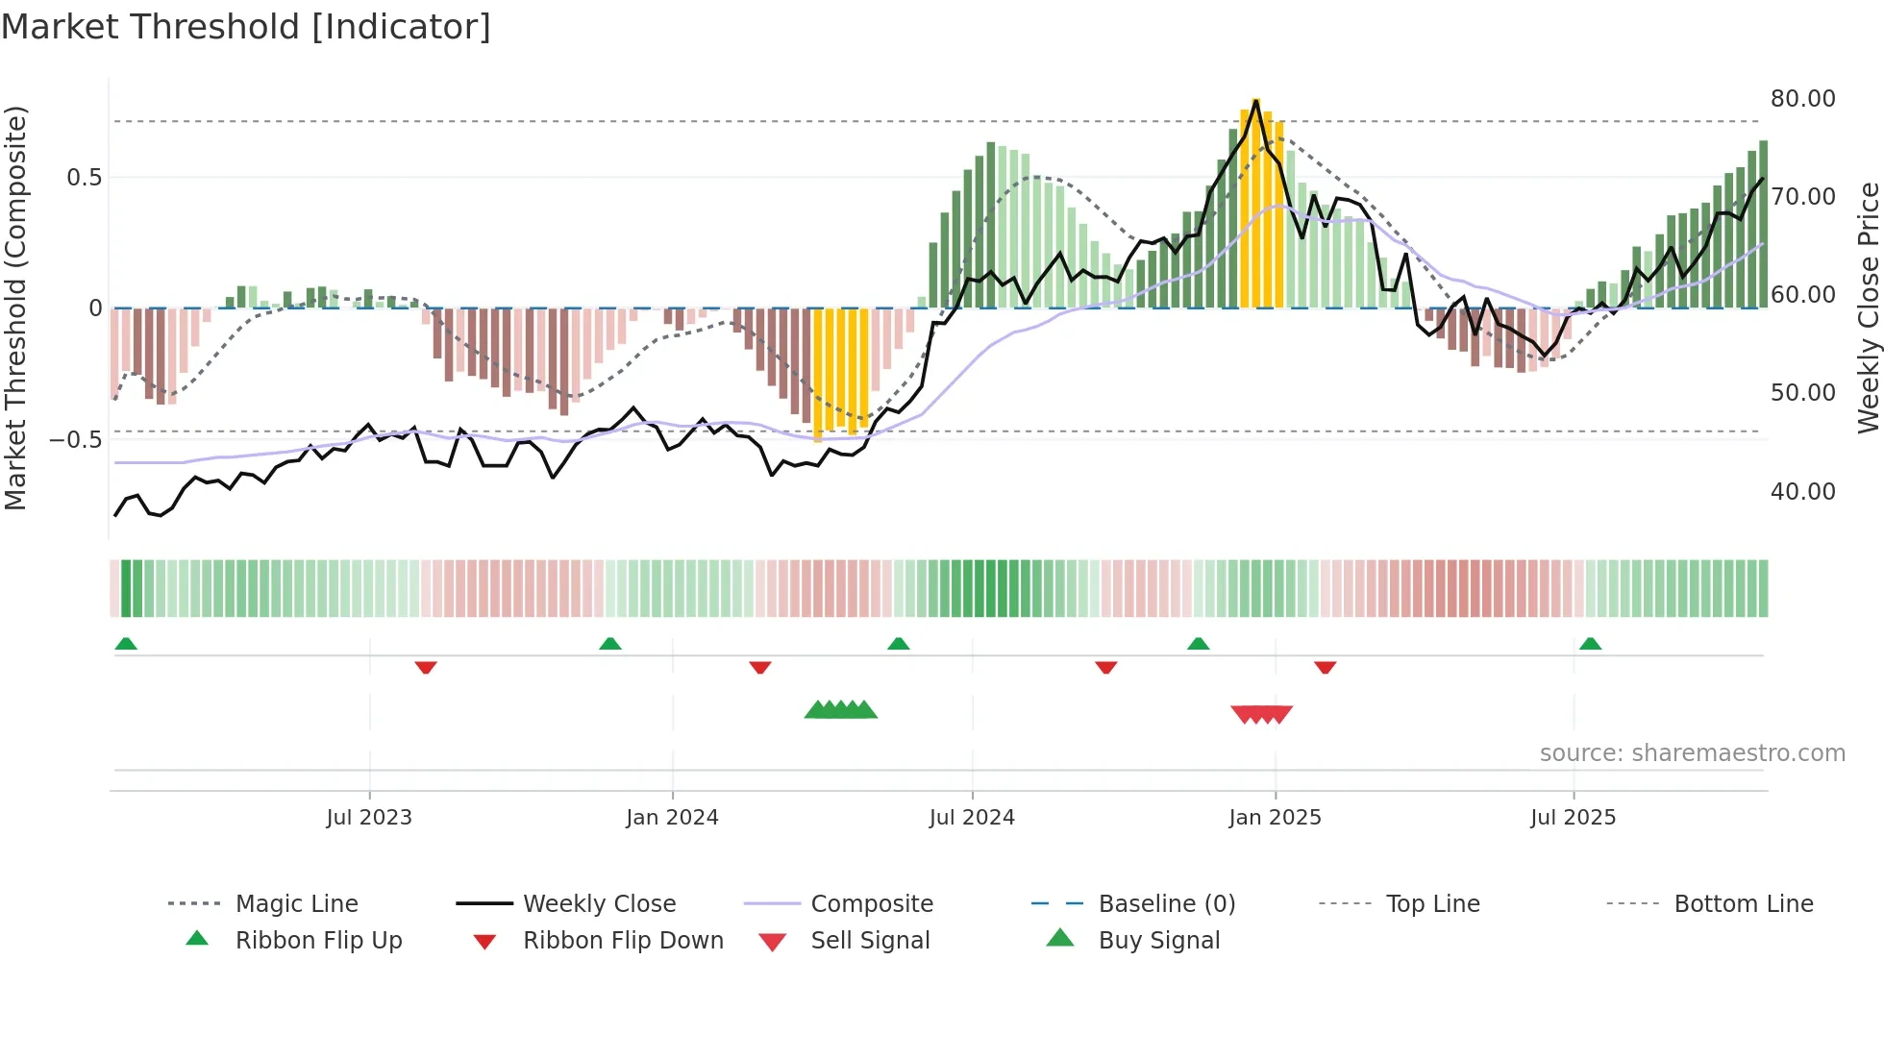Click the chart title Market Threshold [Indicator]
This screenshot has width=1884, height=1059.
click(x=246, y=27)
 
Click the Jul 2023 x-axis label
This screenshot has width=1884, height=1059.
click(x=369, y=818)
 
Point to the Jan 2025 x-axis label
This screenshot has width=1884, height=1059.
click(x=1275, y=818)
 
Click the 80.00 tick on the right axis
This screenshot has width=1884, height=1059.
click(x=1802, y=99)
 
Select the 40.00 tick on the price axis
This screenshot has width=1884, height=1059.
click(x=1802, y=492)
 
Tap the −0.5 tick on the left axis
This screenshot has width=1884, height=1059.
click(x=76, y=440)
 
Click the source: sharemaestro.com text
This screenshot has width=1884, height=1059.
click(x=1692, y=753)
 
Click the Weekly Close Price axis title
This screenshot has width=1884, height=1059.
click(x=1868, y=308)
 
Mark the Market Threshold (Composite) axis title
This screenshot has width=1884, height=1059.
click(x=15, y=308)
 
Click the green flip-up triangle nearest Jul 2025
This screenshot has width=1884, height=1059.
click(x=1590, y=644)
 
